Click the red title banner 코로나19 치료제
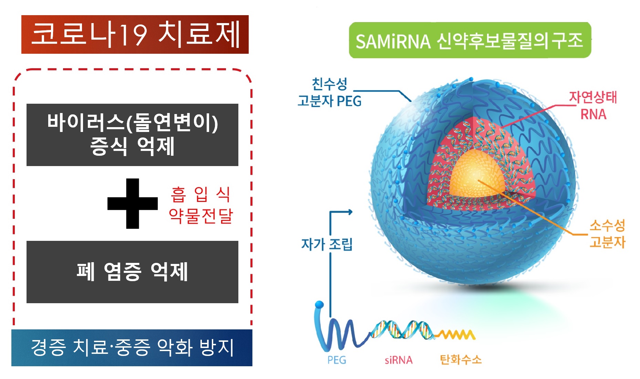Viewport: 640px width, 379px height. pyautogui.click(x=135, y=34)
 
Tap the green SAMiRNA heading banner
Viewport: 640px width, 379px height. pyautogui.click(x=470, y=40)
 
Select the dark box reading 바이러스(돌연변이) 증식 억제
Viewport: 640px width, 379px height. pyautogui.click(x=132, y=135)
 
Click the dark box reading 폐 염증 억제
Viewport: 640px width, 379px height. pyautogui.click(x=132, y=272)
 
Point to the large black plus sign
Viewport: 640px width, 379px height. pyautogui.click(x=133, y=204)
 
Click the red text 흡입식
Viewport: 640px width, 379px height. pyautogui.click(x=200, y=195)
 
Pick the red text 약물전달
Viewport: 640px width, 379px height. pyautogui.click(x=201, y=216)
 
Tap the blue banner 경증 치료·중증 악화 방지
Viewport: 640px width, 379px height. pyautogui.click(x=132, y=348)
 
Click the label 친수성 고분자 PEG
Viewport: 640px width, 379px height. pyautogui.click(x=329, y=92)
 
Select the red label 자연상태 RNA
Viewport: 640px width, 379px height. pyautogui.click(x=593, y=105)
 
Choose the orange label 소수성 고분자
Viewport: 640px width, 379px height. pyautogui.click(x=607, y=234)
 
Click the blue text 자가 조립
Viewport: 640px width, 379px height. pyautogui.click(x=327, y=244)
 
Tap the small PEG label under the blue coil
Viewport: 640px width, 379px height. pyautogui.click(x=337, y=360)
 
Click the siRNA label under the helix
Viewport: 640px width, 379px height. pyautogui.click(x=399, y=360)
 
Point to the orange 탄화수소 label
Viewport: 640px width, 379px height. pyautogui.click(x=461, y=360)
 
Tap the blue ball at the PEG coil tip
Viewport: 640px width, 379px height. pyautogui.click(x=319, y=305)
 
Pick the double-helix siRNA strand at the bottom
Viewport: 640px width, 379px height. pyautogui.click(x=401, y=329)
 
